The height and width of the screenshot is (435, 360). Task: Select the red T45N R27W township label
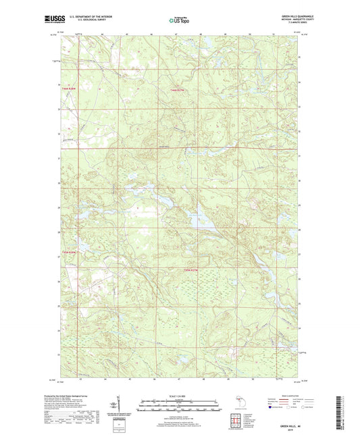(x=192, y=271)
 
